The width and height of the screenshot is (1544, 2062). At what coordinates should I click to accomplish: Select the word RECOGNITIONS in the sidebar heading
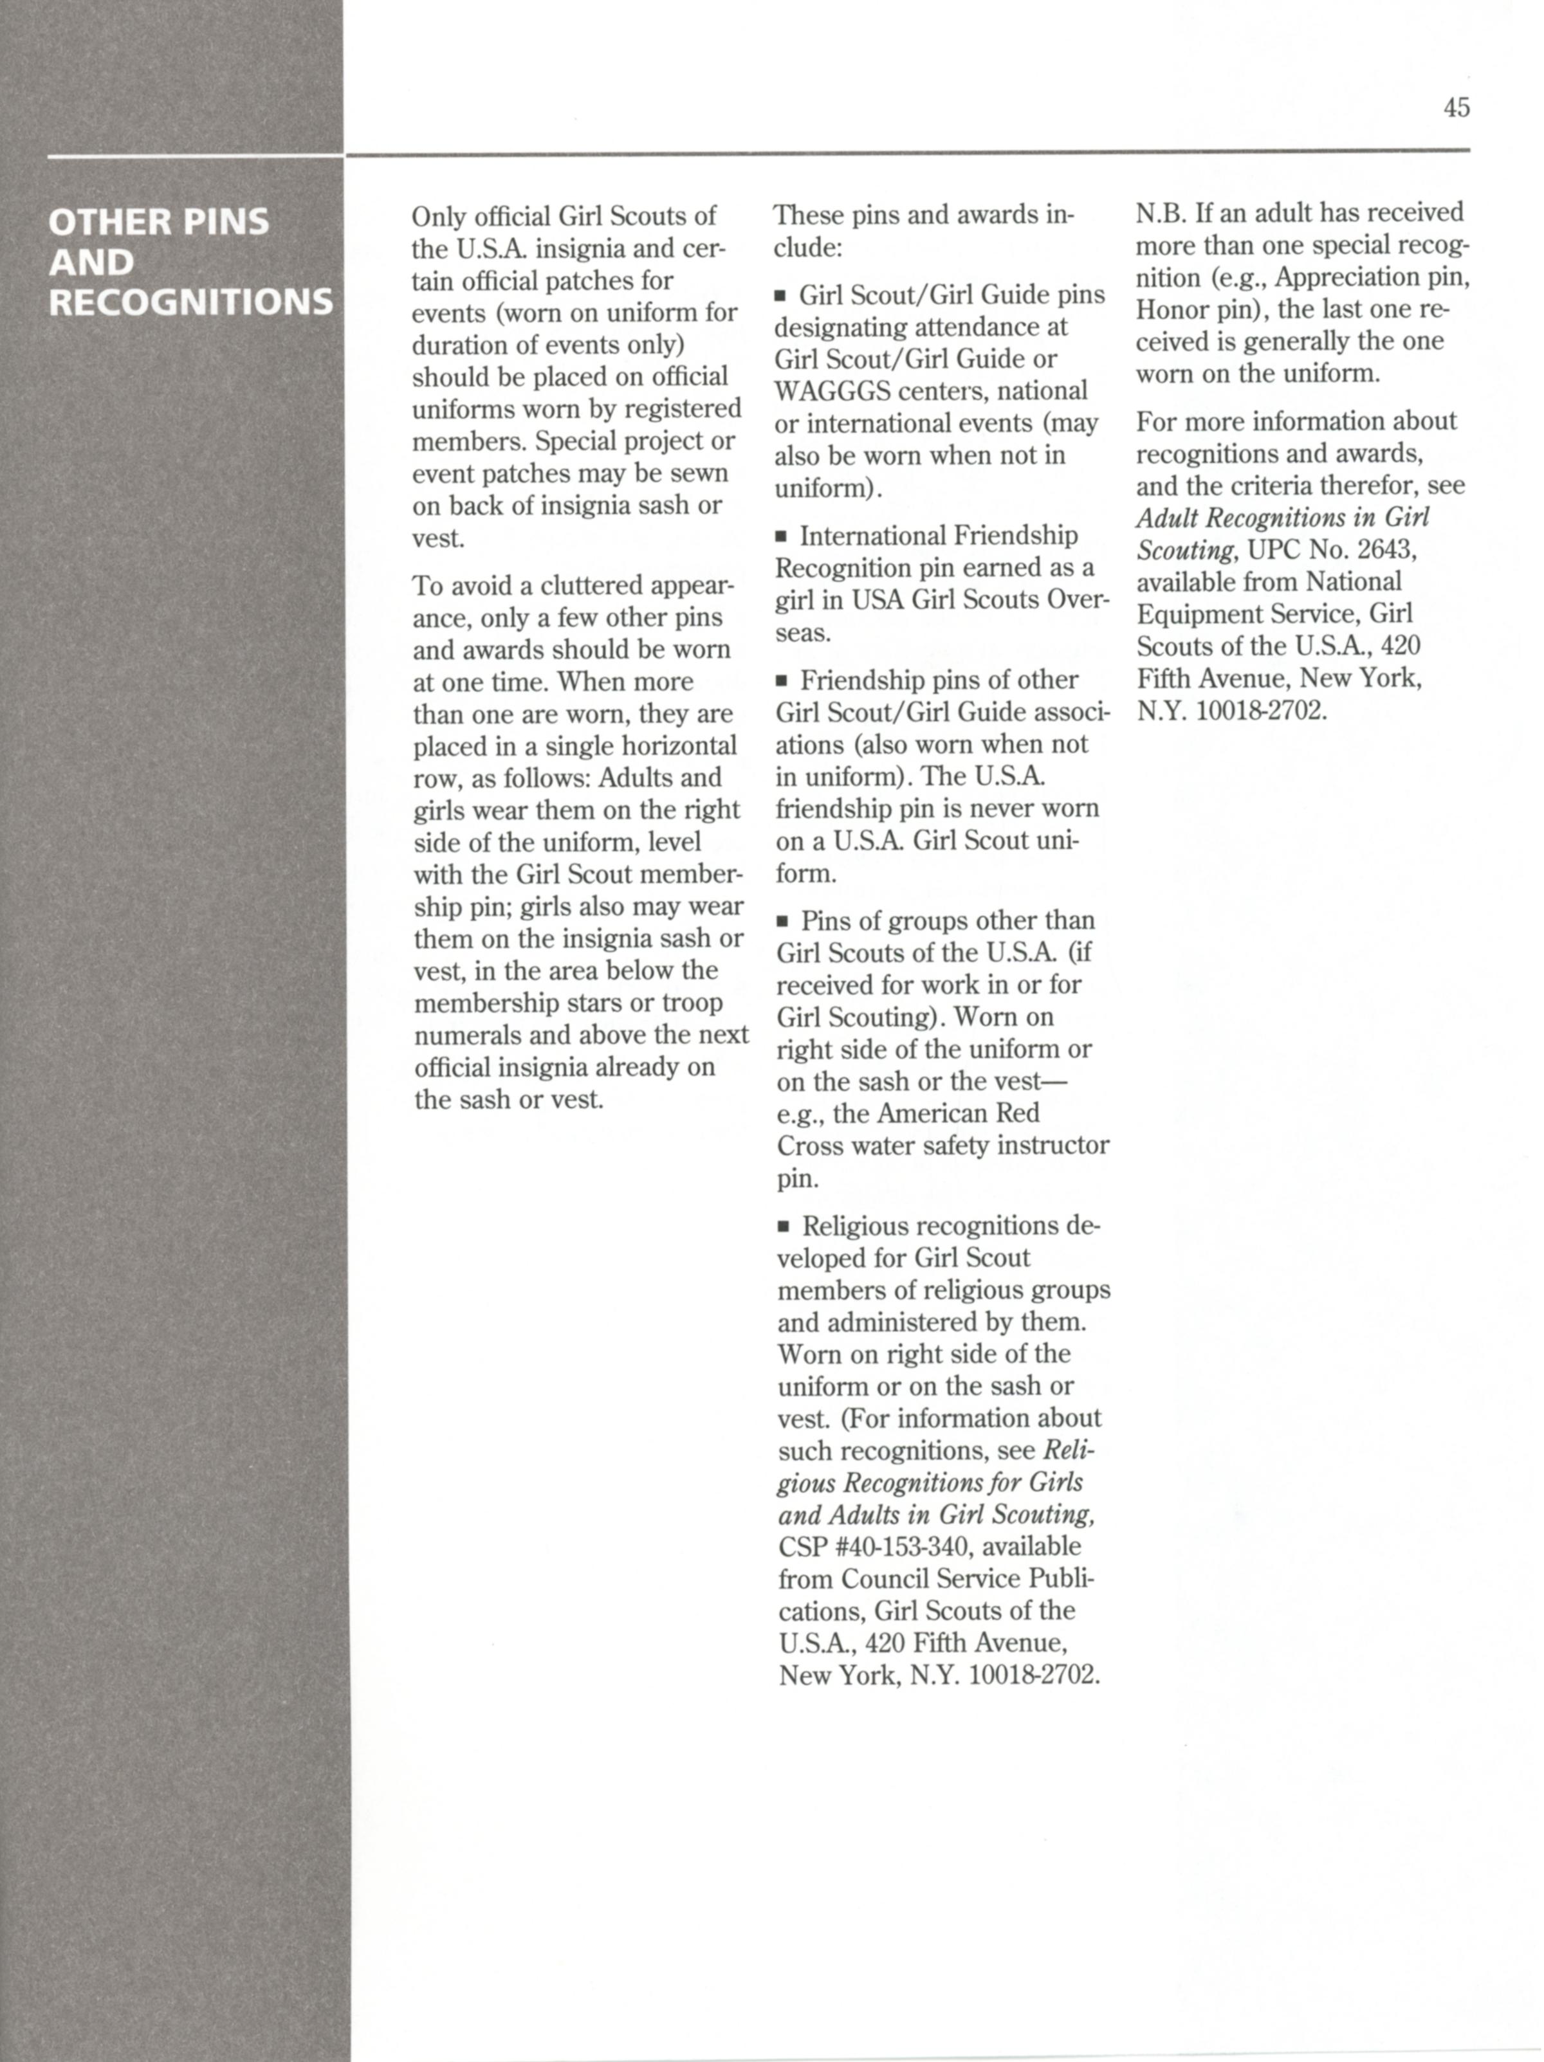click(190, 303)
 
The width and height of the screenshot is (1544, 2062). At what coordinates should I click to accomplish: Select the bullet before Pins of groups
click(783, 922)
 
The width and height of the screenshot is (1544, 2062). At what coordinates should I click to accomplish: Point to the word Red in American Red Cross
click(1017, 1113)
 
